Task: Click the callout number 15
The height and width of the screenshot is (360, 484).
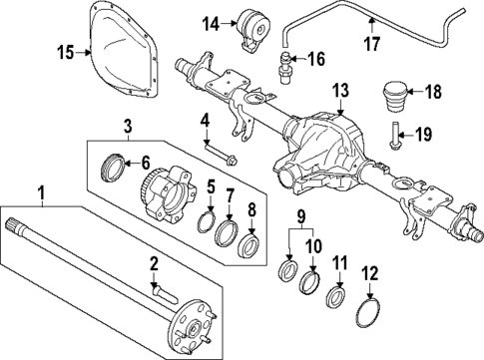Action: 66,52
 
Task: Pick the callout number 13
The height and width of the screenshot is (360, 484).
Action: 340,92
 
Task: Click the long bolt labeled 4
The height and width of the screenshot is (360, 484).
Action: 220,153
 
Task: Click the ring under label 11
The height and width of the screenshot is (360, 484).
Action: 338,296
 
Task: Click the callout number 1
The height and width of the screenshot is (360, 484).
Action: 42,190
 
